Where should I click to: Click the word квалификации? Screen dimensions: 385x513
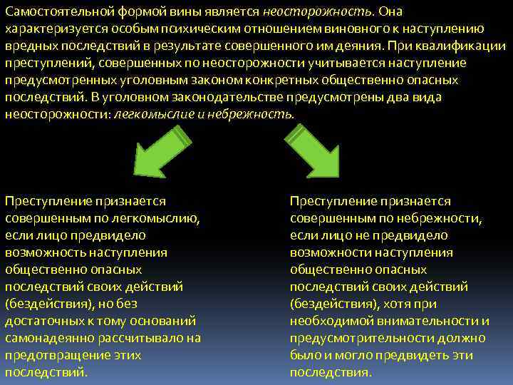pyautogui.click(x=468, y=46)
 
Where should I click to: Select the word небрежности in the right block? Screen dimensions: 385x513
pyautogui.click(x=446, y=218)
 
